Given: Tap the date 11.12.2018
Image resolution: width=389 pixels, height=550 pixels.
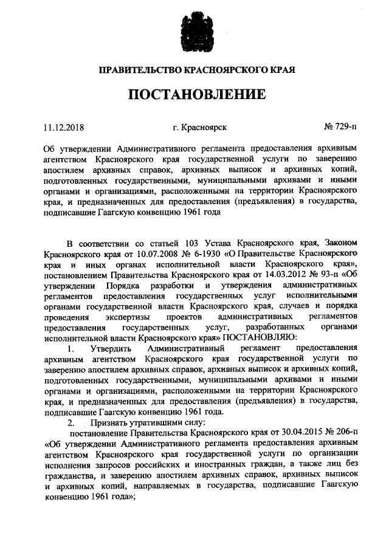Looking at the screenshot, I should [x=63, y=128].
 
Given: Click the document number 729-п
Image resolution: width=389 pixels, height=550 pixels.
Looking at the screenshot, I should [x=340, y=128].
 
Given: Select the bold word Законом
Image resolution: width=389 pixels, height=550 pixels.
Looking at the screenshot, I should [x=338, y=240].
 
